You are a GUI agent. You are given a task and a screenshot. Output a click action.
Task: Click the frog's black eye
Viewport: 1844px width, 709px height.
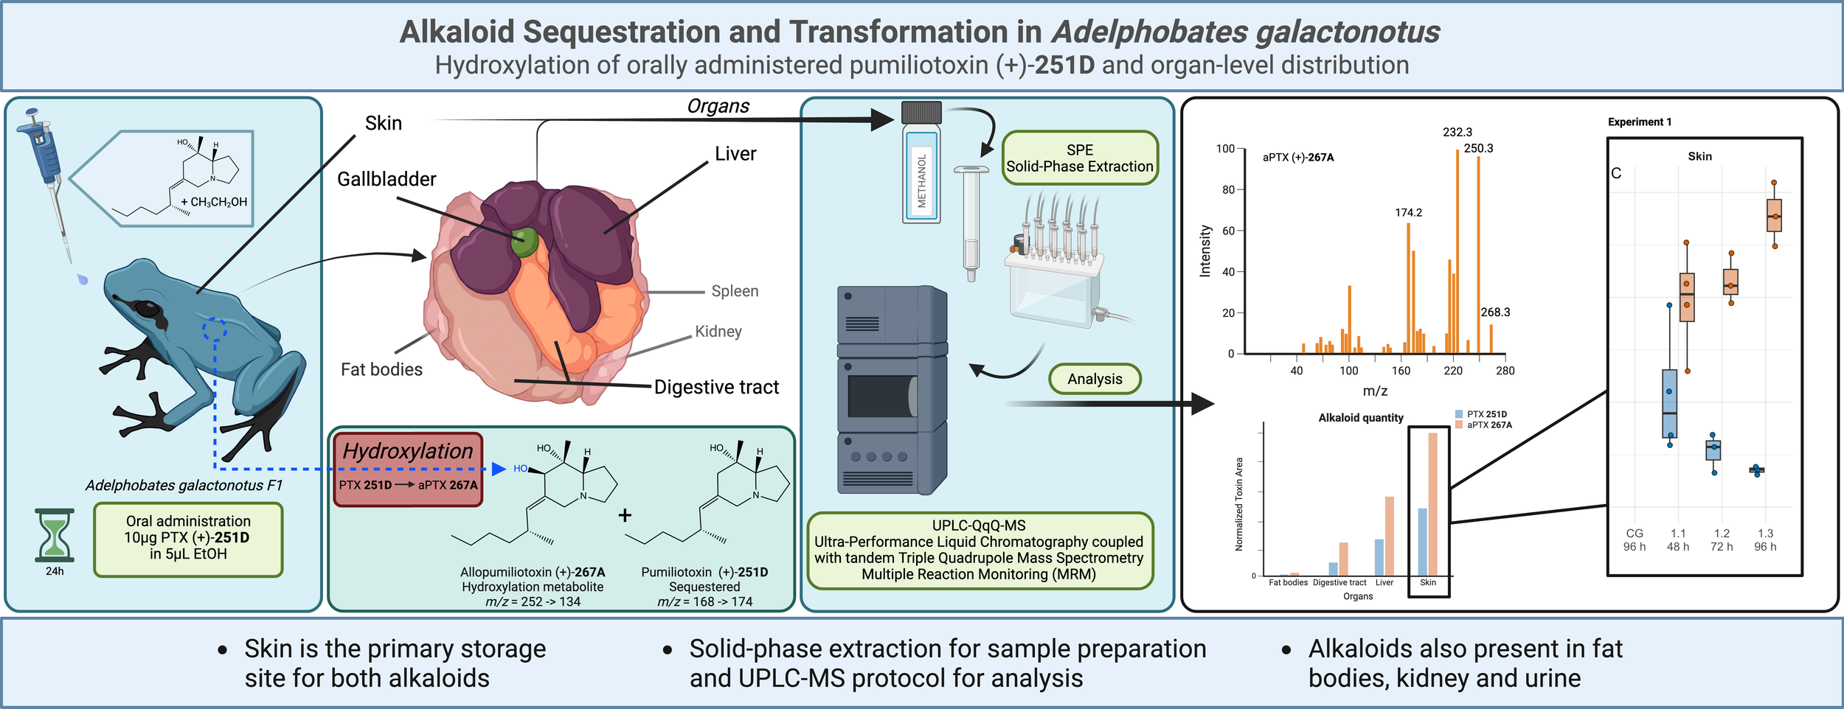coord(148,310)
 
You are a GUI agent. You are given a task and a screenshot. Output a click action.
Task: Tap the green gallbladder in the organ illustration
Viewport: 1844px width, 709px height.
coord(525,240)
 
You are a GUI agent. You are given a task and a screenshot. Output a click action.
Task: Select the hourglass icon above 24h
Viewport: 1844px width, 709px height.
coord(55,535)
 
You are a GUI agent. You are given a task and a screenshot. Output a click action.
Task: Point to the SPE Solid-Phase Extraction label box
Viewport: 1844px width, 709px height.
coord(1079,158)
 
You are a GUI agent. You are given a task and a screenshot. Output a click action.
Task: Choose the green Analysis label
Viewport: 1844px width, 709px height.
coord(1095,379)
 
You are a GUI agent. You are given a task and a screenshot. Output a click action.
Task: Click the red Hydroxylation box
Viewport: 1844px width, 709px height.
coord(408,469)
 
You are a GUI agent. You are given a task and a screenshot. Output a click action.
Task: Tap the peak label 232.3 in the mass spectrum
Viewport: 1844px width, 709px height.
coord(1457,133)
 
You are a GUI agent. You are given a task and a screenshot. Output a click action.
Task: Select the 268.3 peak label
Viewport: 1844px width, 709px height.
coord(1495,312)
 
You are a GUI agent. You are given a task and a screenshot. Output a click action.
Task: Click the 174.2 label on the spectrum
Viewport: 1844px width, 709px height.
coord(1408,213)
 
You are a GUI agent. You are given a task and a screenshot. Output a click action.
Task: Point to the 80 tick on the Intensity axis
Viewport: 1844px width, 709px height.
coord(1227,190)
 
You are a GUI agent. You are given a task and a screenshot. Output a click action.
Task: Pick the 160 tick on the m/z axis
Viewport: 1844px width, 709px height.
coord(1401,371)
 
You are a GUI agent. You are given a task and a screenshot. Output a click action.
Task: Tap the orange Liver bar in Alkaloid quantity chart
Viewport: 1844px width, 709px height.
coord(1389,536)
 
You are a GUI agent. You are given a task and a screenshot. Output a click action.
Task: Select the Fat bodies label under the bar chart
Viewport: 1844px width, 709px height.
coord(1288,583)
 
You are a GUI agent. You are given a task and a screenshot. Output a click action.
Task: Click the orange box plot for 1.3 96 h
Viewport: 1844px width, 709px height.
coord(1774,215)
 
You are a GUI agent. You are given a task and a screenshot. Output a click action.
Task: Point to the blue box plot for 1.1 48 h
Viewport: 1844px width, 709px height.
coord(1669,403)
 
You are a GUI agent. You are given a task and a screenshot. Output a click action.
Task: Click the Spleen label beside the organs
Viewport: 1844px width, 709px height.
coord(735,291)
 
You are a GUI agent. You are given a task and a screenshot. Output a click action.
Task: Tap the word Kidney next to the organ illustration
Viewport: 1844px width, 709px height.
coord(718,332)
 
